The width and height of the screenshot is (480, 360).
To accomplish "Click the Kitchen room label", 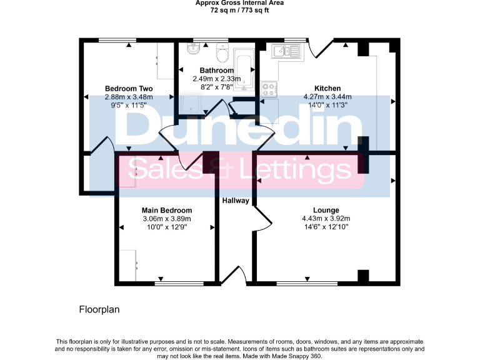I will (327, 88).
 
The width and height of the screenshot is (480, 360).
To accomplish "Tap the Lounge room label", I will (326, 210).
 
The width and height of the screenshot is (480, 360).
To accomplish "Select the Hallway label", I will (236, 201).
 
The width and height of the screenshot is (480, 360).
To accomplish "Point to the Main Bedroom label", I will (166, 210).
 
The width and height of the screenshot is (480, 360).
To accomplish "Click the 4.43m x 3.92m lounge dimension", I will (326, 219).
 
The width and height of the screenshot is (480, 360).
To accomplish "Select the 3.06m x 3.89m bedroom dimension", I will (166, 219).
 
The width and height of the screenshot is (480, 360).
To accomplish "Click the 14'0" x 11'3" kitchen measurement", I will (327, 105).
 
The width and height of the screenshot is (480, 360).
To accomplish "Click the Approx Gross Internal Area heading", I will (240, 3).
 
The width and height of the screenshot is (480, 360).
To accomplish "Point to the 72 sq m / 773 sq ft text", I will (240, 11).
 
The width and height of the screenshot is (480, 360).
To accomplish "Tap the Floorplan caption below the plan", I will (99, 309).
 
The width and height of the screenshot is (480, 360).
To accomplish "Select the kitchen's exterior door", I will (321, 47).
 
